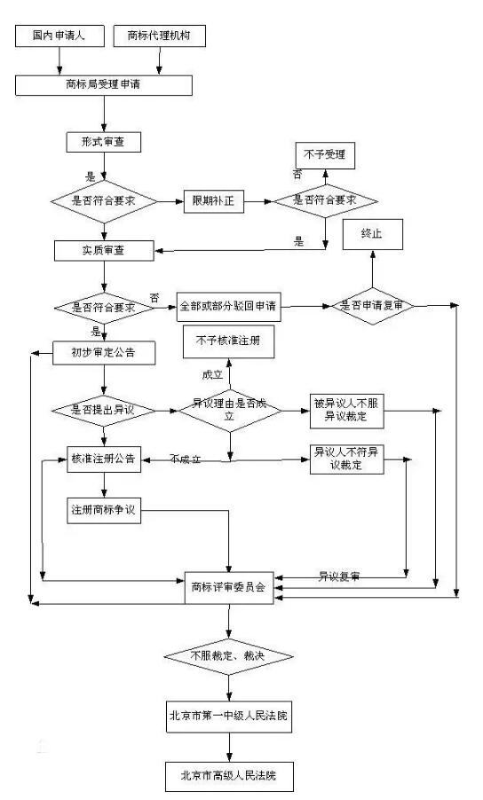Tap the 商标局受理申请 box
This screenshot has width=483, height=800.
tap(105, 85)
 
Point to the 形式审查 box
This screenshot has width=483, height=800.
tap(104, 141)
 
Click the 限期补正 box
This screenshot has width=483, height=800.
tap(212, 200)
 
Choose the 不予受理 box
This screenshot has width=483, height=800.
tap(324, 153)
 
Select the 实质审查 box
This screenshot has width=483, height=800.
tap(104, 249)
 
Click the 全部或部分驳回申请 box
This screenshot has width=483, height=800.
tap(228, 306)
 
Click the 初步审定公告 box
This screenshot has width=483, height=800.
tap(105, 353)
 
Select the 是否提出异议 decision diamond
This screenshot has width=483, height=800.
tap(105, 410)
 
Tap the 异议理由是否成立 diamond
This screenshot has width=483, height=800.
tap(229, 409)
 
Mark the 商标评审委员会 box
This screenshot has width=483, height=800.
tap(228, 586)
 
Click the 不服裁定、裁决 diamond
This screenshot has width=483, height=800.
tap(228, 656)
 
